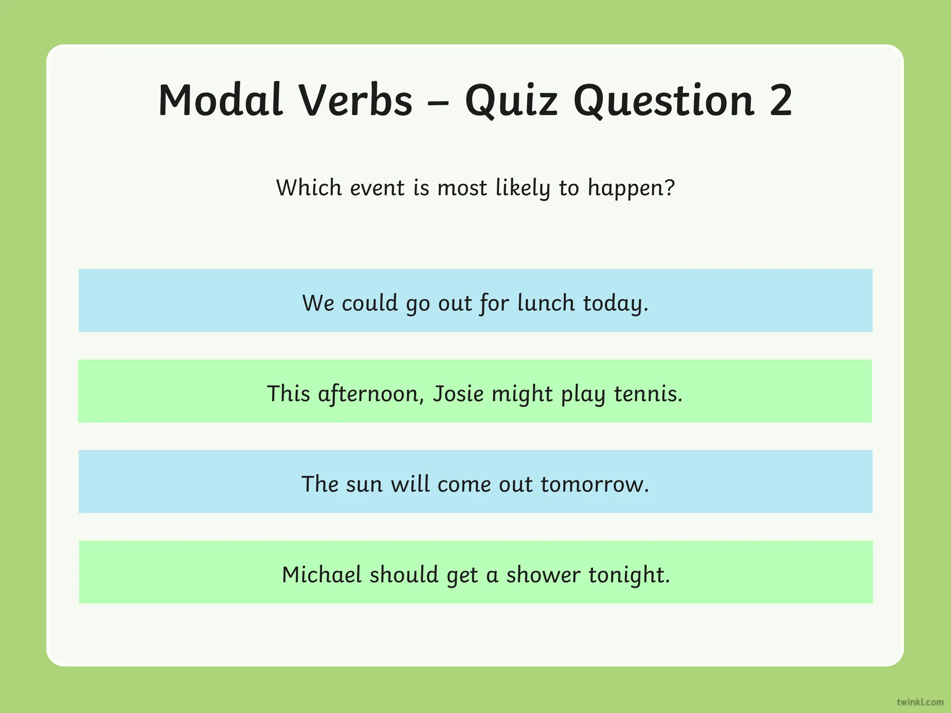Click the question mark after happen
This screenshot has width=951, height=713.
pyautogui.click(x=669, y=188)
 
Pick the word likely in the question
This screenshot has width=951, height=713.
pyautogui.click(x=523, y=188)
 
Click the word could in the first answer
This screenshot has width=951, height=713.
pyautogui.click(x=370, y=303)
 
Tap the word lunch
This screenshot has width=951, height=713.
pyautogui.click(x=546, y=303)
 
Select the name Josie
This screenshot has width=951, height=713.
pyautogui.click(x=458, y=394)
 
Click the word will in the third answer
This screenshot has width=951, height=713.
pyautogui.click(x=410, y=484)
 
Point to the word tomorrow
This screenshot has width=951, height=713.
pyautogui.click(x=594, y=484)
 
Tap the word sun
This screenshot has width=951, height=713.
pyautogui.click(x=365, y=484)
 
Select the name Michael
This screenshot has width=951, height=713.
pyautogui.click(x=322, y=575)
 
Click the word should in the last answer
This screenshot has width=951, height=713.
pyautogui.click(x=404, y=575)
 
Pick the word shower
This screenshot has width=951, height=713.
pyautogui.click(x=543, y=575)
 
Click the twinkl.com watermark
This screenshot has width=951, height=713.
pyautogui.click(x=920, y=702)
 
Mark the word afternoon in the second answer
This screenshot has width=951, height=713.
pyautogui.click(x=371, y=394)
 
